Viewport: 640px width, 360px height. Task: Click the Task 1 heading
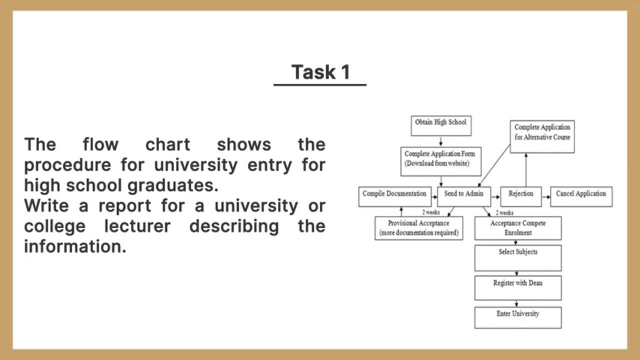320,72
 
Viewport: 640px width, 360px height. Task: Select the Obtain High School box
440,125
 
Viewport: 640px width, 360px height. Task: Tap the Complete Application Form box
440,161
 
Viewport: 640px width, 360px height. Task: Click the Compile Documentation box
394,196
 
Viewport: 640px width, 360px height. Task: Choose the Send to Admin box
463,196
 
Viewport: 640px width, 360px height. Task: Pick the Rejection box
520,196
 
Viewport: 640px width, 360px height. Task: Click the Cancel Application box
580,196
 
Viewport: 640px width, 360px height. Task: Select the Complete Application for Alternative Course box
542,136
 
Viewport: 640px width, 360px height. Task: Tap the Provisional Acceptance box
418,228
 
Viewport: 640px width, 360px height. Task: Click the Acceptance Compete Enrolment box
517,228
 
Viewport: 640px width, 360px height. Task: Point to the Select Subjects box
517,257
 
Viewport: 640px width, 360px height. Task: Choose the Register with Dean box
517,287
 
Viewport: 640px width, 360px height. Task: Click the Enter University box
517,317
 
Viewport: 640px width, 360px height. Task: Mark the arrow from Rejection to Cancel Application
545,197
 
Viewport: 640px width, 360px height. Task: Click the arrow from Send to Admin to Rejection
495,197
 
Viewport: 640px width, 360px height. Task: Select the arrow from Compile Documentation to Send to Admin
434,197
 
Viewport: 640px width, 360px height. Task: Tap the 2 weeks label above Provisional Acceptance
430,212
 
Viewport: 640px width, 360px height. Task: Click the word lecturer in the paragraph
137,226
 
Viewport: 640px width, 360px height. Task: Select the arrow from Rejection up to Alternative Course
526,170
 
